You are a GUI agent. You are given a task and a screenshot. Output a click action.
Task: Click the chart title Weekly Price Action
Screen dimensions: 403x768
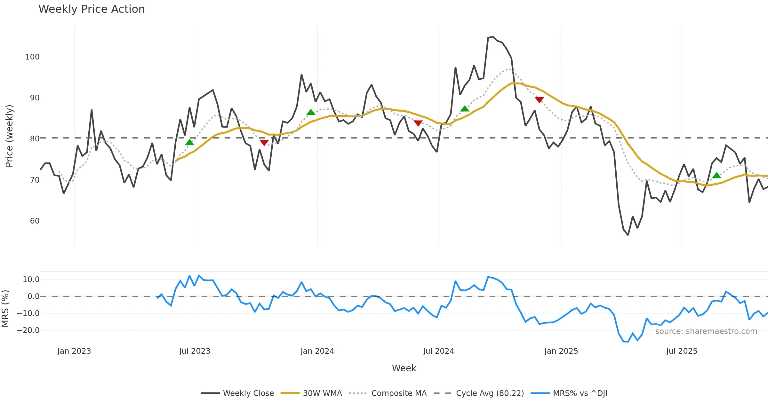[x=92, y=9]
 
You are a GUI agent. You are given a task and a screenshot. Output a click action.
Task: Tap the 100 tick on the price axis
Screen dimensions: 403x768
[x=32, y=57]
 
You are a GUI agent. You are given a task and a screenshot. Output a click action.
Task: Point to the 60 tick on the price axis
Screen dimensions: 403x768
[x=35, y=221]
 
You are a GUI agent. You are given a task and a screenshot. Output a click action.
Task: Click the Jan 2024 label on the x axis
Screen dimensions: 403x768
[x=317, y=351]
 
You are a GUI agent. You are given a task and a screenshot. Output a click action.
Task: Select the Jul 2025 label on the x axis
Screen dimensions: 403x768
[x=682, y=351]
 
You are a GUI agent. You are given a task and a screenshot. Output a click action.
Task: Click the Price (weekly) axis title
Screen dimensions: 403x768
[x=10, y=136]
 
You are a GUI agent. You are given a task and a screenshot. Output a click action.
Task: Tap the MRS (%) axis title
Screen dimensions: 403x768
[x=5, y=308]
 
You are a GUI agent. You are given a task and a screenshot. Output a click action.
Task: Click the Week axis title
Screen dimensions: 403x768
[x=404, y=368]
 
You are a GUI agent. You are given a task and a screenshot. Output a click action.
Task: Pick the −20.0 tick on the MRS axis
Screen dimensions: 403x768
[x=28, y=330]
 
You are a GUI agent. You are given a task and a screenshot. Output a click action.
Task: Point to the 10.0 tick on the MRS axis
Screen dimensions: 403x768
[x=31, y=280]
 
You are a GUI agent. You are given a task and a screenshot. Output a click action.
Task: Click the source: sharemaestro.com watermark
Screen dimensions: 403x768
[x=706, y=331]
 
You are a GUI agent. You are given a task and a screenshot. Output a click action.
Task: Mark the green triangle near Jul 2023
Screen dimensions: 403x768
[x=189, y=143]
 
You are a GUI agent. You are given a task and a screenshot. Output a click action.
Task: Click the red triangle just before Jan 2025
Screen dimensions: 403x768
[x=539, y=100]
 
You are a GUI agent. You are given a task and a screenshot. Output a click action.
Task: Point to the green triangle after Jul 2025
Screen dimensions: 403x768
[x=717, y=175]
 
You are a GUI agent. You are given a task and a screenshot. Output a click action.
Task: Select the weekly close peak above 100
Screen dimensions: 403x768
[x=492, y=37]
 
